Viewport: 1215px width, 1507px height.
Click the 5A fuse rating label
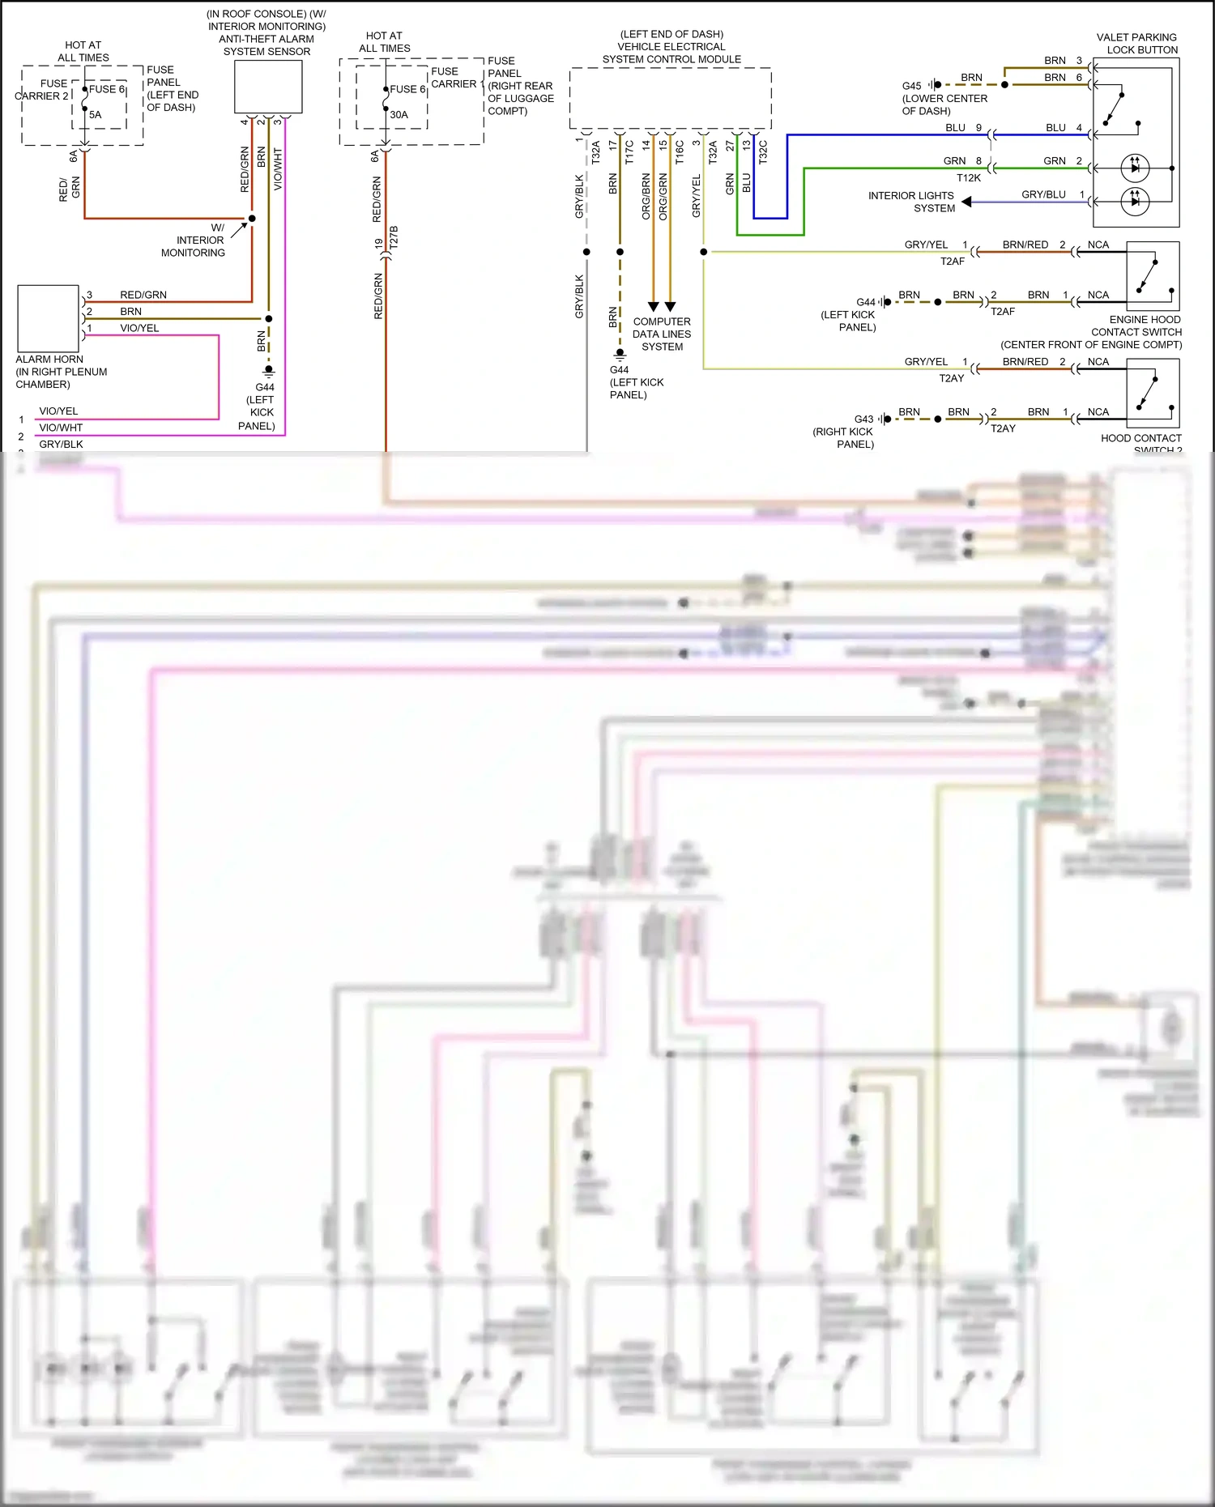96,115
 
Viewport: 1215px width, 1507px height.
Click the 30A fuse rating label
399,115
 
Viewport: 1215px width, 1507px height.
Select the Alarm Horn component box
48,317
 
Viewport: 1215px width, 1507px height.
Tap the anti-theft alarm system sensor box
268,87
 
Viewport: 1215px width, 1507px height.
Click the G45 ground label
911,86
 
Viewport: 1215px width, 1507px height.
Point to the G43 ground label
863,419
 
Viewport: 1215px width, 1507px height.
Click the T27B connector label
394,237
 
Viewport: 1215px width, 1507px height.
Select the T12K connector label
969,178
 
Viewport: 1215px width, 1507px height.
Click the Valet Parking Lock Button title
1136,44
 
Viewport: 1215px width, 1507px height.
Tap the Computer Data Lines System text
662,334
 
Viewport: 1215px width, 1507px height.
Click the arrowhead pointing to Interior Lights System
966,202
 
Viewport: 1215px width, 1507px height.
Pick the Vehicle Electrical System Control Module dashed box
670,98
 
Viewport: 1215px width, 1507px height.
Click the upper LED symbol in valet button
1135,168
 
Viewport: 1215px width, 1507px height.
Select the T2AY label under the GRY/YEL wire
952,378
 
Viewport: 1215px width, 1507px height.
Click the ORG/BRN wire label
646,197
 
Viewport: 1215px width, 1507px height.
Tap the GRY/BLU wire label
1043,194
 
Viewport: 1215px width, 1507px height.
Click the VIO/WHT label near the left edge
61,428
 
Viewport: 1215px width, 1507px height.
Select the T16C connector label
680,152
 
